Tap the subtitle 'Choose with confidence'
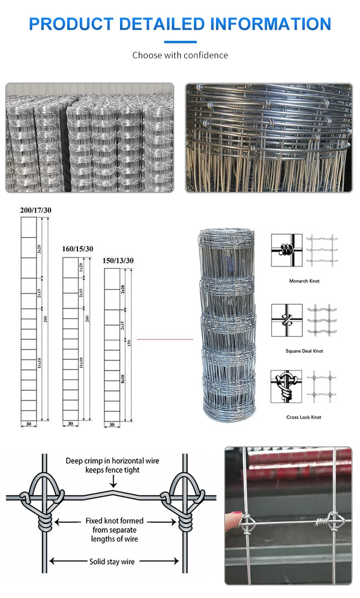coord(180,55)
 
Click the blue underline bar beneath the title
coord(180,42)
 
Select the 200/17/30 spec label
coord(36,210)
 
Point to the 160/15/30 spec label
coord(78,249)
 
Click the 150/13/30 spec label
coord(118,260)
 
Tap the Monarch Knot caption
coord(304,281)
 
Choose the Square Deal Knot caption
coord(304,351)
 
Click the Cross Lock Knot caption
coord(304,418)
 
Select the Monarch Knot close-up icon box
coord(287,250)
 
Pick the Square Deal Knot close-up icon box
coord(287,320)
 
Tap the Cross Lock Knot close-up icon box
coord(287,386)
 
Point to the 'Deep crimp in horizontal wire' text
coord(112,461)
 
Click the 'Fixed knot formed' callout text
coord(114,521)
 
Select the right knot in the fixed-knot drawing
coord(184,499)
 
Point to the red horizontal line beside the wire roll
coord(165,339)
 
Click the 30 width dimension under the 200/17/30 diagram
coord(29,423)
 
